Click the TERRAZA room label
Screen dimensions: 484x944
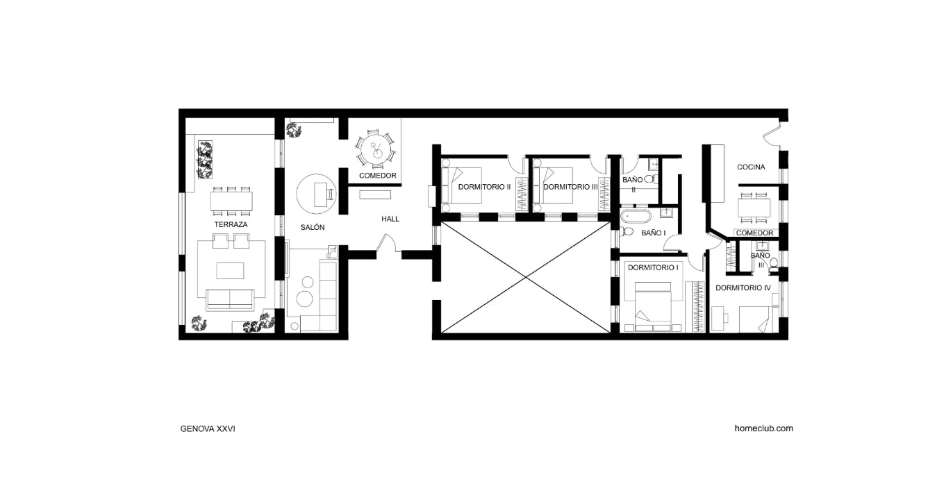(231, 225)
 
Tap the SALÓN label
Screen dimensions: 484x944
(313, 228)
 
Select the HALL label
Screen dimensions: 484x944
(390, 219)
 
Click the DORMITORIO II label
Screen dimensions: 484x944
(484, 187)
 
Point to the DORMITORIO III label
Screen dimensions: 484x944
(570, 187)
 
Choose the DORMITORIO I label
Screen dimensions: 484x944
(652, 267)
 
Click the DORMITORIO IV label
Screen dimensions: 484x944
(743, 287)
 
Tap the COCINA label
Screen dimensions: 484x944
(751, 167)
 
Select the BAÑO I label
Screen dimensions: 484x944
(653, 233)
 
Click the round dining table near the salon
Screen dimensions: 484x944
(375, 149)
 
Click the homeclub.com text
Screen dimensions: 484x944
(763, 428)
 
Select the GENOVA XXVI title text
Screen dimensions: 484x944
(208, 428)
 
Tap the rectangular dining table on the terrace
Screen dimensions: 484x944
(231, 202)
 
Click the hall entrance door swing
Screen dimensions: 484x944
(386, 243)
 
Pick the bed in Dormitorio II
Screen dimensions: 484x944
(463, 186)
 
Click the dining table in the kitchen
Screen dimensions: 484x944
(754, 208)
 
